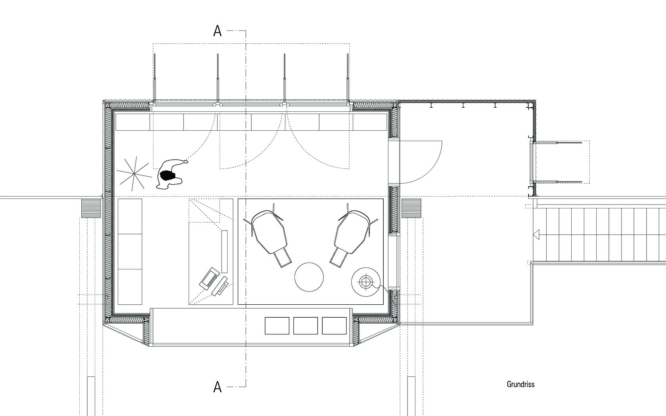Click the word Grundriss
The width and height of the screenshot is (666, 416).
click(x=521, y=384)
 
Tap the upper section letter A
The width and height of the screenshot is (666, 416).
click(x=217, y=31)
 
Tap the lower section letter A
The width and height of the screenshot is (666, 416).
click(x=217, y=387)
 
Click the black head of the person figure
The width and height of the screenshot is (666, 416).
click(x=167, y=175)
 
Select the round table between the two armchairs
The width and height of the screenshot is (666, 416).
click(x=309, y=277)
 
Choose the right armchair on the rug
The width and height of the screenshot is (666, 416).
click(x=353, y=235)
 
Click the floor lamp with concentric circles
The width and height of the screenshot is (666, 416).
click(x=366, y=282)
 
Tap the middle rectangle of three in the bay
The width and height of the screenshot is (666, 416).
click(x=305, y=326)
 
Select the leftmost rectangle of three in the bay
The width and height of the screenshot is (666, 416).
click(x=277, y=326)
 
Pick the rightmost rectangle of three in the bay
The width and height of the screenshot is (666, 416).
click(x=334, y=326)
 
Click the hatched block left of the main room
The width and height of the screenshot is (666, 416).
click(x=91, y=208)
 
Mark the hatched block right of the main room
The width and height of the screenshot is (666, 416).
click(x=411, y=208)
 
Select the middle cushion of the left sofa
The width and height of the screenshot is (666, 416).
click(x=130, y=251)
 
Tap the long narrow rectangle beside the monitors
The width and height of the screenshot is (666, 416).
click(x=224, y=251)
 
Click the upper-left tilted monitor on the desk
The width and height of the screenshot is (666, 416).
click(x=209, y=277)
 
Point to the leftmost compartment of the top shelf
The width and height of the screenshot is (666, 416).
click(x=132, y=122)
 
